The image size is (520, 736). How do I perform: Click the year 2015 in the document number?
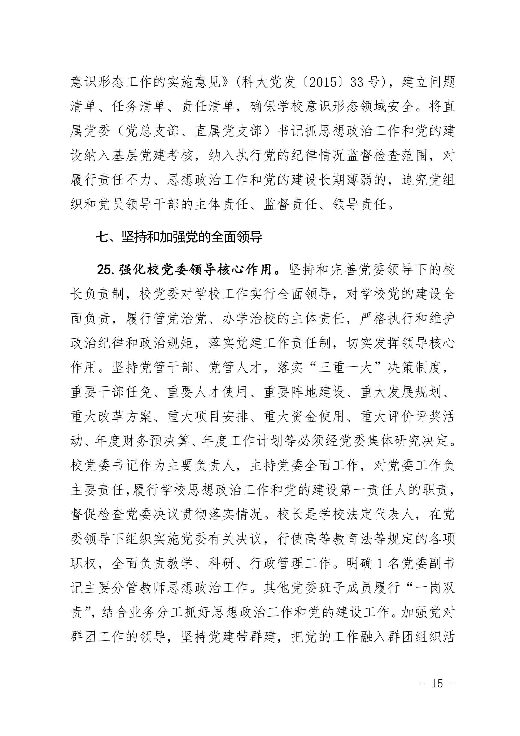(x=323, y=82)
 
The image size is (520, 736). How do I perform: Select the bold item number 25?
(x=107, y=270)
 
